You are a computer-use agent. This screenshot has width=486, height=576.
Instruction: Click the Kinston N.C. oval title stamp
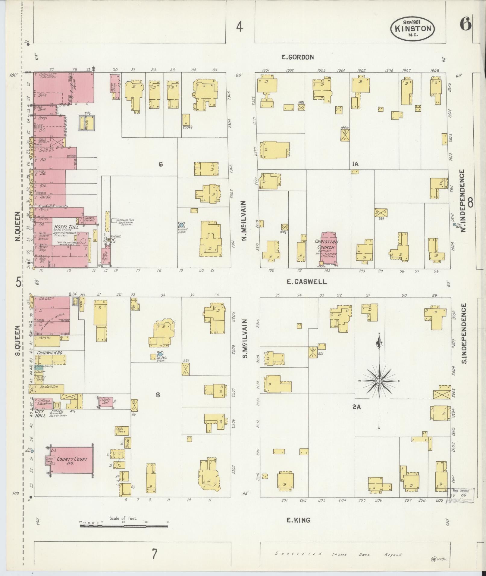click(412, 28)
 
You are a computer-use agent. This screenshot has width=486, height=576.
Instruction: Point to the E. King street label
click(298, 520)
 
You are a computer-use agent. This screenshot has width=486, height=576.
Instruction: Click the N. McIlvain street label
click(244, 220)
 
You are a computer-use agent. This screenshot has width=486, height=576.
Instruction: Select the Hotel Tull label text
click(66, 226)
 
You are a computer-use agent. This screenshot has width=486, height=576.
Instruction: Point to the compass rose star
click(379, 381)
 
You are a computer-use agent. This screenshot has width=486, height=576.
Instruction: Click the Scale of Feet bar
click(124, 526)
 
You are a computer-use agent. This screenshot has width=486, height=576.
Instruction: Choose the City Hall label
click(40, 413)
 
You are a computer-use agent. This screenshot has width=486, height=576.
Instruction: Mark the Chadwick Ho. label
click(50, 353)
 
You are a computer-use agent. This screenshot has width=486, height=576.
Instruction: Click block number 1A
click(355, 164)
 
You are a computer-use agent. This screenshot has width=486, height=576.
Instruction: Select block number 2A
click(357, 407)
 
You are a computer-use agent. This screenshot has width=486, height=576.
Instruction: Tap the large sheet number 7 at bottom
click(154, 554)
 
